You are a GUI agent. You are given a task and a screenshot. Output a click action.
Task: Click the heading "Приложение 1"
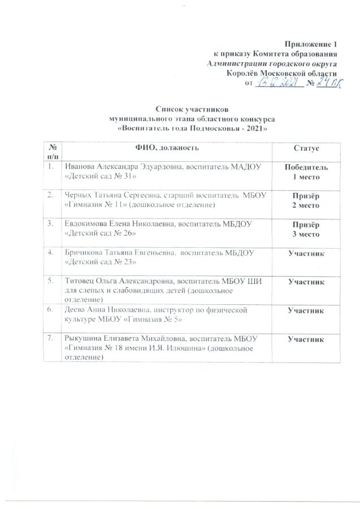point(311,44)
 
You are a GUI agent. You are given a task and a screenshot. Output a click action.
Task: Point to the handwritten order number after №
point(328,83)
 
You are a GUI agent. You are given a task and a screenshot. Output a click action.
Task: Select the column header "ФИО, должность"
point(166,148)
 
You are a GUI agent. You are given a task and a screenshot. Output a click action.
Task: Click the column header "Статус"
point(306,148)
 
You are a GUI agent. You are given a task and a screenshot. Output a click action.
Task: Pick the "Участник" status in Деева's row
point(306,310)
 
